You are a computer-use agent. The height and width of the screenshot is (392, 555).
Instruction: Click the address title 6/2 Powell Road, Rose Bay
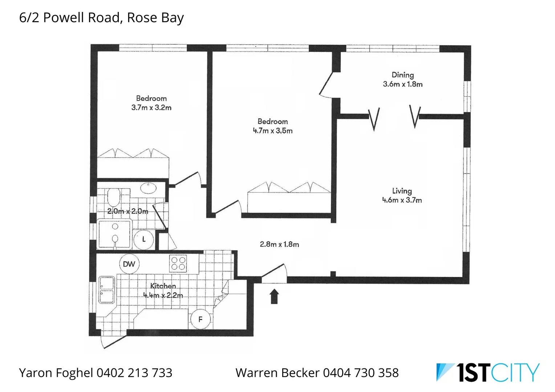click(x=101, y=17)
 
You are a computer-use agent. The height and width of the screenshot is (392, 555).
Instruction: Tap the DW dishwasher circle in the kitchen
click(x=129, y=264)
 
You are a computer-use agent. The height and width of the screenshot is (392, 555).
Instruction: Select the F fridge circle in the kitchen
click(x=200, y=319)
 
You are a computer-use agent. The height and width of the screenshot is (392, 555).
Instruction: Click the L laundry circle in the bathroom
click(x=144, y=239)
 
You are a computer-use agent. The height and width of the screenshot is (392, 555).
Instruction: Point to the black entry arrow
click(x=274, y=296)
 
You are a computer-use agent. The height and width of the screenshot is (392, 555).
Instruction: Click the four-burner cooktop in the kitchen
click(x=178, y=264)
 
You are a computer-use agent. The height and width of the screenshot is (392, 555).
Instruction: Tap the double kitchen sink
click(x=107, y=290)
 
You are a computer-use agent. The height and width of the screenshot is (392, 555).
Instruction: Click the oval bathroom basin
click(x=148, y=188)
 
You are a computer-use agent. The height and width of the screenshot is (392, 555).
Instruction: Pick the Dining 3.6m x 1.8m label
click(x=402, y=79)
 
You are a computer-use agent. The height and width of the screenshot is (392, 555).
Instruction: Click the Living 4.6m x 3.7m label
click(x=402, y=195)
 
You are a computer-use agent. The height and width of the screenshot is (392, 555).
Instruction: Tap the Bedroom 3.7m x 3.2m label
click(x=151, y=103)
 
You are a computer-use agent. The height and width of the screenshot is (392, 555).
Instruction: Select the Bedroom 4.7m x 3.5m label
click(x=272, y=126)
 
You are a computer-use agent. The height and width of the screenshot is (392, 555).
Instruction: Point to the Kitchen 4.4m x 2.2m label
click(x=163, y=291)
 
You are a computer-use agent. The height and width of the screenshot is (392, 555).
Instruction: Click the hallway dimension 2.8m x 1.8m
click(x=279, y=244)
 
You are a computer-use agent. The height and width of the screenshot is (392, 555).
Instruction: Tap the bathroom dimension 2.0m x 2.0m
click(x=127, y=211)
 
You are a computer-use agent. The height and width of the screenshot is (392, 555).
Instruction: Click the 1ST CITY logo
click(x=487, y=372)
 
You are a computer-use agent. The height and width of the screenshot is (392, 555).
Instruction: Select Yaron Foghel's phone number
click(x=134, y=373)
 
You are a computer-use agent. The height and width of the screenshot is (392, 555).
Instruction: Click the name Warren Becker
click(x=277, y=373)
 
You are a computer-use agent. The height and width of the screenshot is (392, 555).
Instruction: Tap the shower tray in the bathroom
click(x=114, y=234)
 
